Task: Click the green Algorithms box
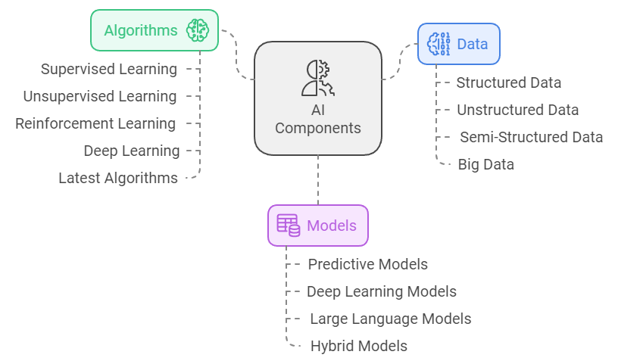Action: [x=154, y=30]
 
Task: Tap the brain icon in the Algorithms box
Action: [x=198, y=30]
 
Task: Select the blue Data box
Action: [x=459, y=44]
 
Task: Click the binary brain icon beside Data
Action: [x=439, y=44]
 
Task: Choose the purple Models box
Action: [x=318, y=226]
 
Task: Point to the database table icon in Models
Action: [x=288, y=225]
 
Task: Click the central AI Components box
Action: [x=317, y=98]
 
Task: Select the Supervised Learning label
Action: [x=109, y=69]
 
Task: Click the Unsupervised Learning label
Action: [x=100, y=96]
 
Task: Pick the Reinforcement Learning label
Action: [x=95, y=123]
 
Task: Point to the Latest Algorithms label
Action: [x=118, y=178]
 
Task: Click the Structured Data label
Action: [x=508, y=82]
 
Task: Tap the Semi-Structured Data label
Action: [x=531, y=137]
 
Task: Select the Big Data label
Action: [x=485, y=164]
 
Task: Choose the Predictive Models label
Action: [x=367, y=264]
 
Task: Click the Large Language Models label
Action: [x=390, y=319]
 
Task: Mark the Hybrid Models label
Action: [x=358, y=346]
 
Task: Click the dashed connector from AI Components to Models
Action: [x=318, y=180]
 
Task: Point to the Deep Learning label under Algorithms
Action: [x=132, y=151]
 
